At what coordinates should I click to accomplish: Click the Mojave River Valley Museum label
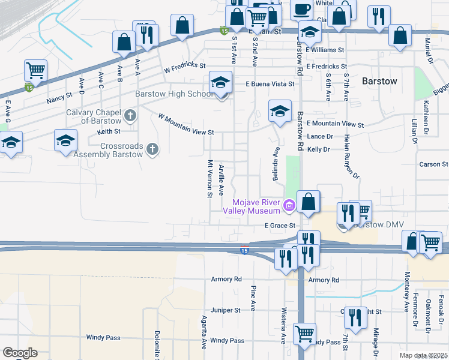(x=252, y=206)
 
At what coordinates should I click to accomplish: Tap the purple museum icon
(x=289, y=206)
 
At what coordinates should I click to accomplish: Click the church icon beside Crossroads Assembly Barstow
(x=153, y=149)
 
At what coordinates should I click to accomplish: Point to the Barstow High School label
(x=174, y=94)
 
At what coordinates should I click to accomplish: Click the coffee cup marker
(x=302, y=9)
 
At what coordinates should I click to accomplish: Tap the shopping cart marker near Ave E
(x=36, y=71)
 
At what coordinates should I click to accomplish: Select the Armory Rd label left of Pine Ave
(x=226, y=279)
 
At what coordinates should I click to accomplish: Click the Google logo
(x=19, y=353)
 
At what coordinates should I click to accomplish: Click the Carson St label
(x=433, y=164)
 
